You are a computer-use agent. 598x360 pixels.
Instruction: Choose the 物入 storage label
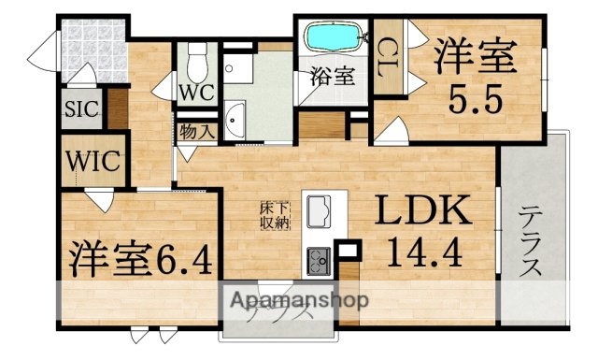tap(196, 131)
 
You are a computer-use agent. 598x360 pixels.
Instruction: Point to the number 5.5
tap(476, 96)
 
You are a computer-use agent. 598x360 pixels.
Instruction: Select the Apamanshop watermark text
tap(292, 301)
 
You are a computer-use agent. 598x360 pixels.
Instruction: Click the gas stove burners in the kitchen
tap(317, 256)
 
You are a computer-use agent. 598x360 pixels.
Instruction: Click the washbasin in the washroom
tap(234, 117)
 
